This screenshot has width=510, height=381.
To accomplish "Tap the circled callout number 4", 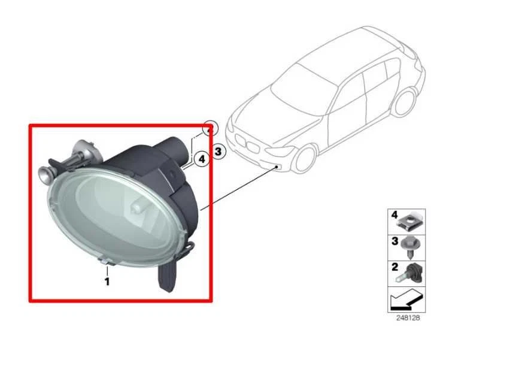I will tap(202, 159).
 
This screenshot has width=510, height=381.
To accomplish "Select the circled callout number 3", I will tap(218, 152).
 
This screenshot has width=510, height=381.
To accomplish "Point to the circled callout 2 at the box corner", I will tap(210, 128).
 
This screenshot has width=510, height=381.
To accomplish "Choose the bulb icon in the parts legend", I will tap(412, 272).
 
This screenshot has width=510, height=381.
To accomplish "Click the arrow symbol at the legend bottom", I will tap(406, 298).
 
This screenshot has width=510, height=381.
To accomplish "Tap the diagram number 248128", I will tap(408, 318).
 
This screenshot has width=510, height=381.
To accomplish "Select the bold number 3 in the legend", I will tap(394, 241).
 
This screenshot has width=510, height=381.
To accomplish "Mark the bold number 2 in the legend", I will tap(394, 267).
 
